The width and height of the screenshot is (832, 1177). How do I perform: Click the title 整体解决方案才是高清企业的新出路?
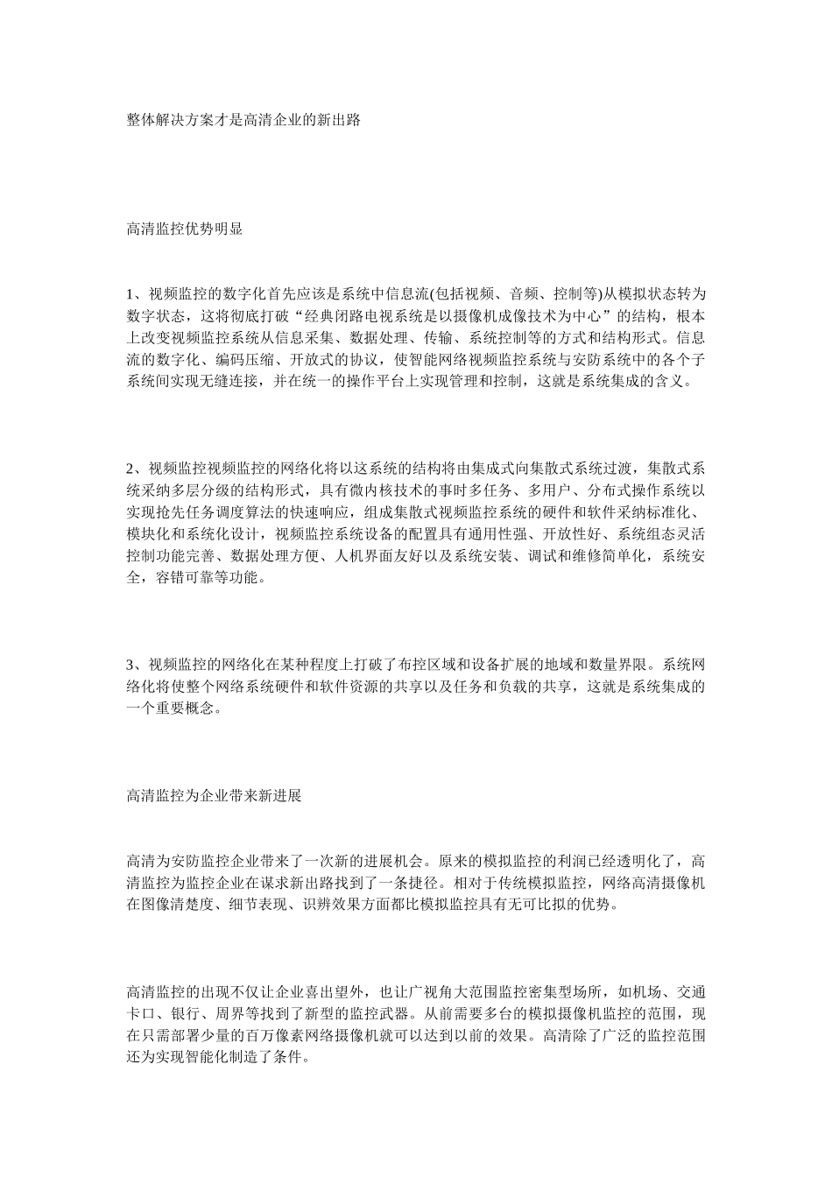[x=243, y=121]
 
